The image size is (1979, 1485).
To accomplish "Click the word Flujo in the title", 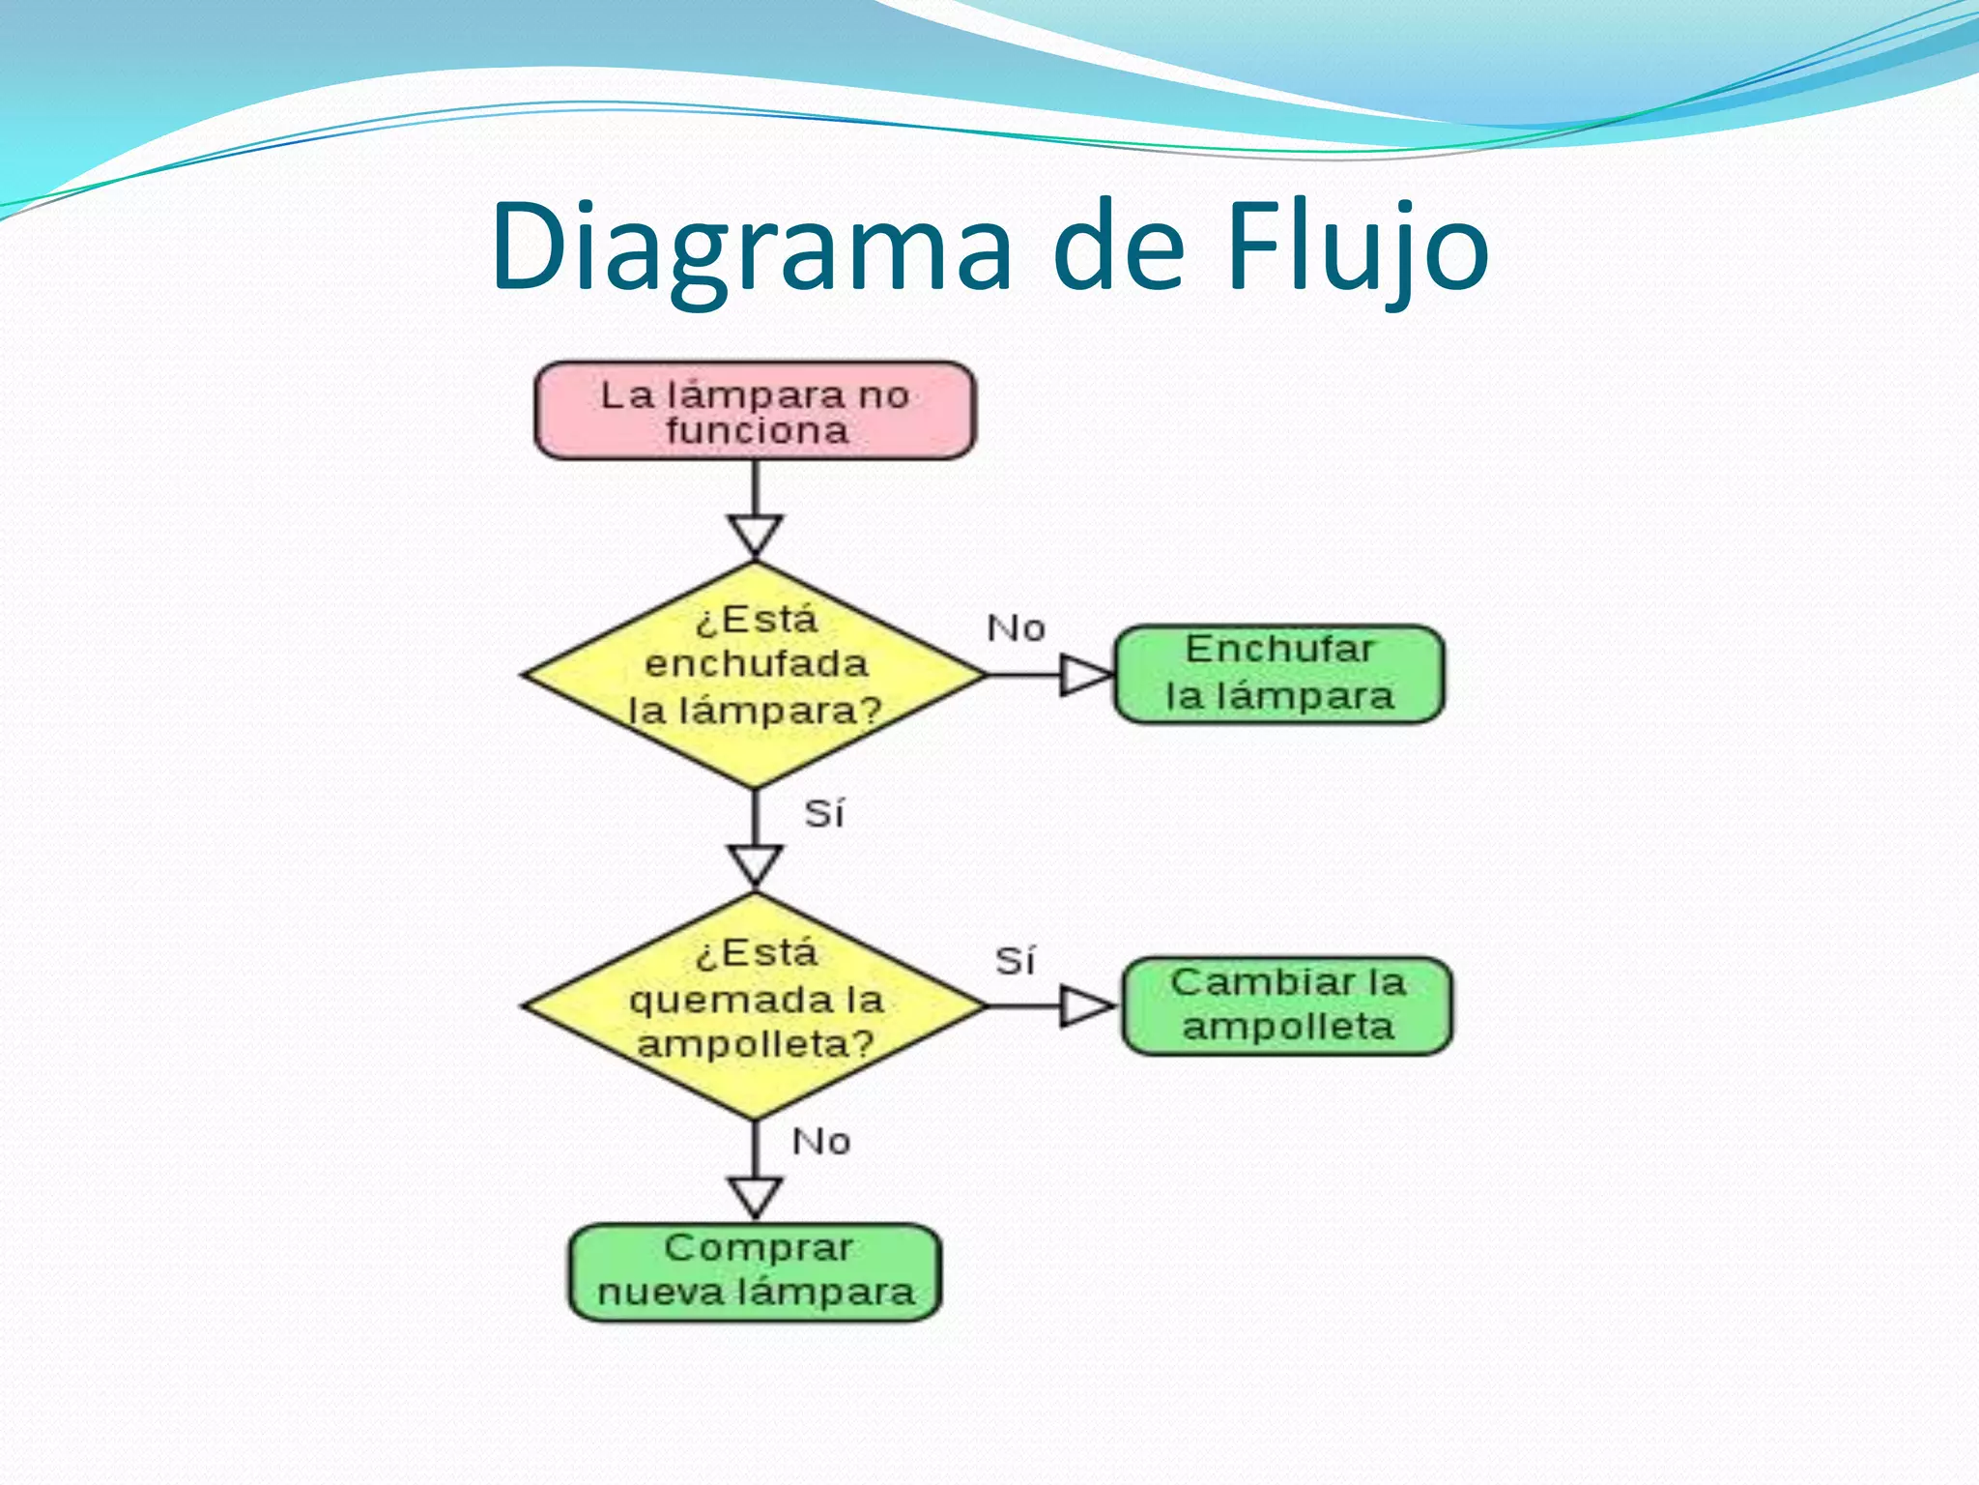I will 1357,247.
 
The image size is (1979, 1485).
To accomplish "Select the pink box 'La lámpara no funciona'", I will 755,411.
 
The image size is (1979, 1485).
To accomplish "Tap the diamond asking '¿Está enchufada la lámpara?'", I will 755,674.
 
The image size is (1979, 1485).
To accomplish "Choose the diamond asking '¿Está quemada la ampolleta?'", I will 755,1005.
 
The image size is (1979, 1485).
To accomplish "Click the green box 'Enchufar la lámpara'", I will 1279,674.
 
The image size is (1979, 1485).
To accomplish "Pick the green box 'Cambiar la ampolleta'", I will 1287,1005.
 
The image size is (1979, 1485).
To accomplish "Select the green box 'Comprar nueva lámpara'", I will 755,1272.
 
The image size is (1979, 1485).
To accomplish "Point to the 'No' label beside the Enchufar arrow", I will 1016,628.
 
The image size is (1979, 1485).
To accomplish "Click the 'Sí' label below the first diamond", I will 824,813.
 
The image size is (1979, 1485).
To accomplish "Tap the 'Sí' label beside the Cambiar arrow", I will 1015,961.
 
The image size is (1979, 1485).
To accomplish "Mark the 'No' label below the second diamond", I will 821,1142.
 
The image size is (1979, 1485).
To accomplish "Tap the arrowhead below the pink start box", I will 755,535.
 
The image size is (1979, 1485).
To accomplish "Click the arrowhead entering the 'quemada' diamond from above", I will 755,865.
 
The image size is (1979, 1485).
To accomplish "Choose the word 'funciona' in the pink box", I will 757,431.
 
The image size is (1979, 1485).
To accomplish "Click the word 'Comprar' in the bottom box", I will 759,1248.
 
